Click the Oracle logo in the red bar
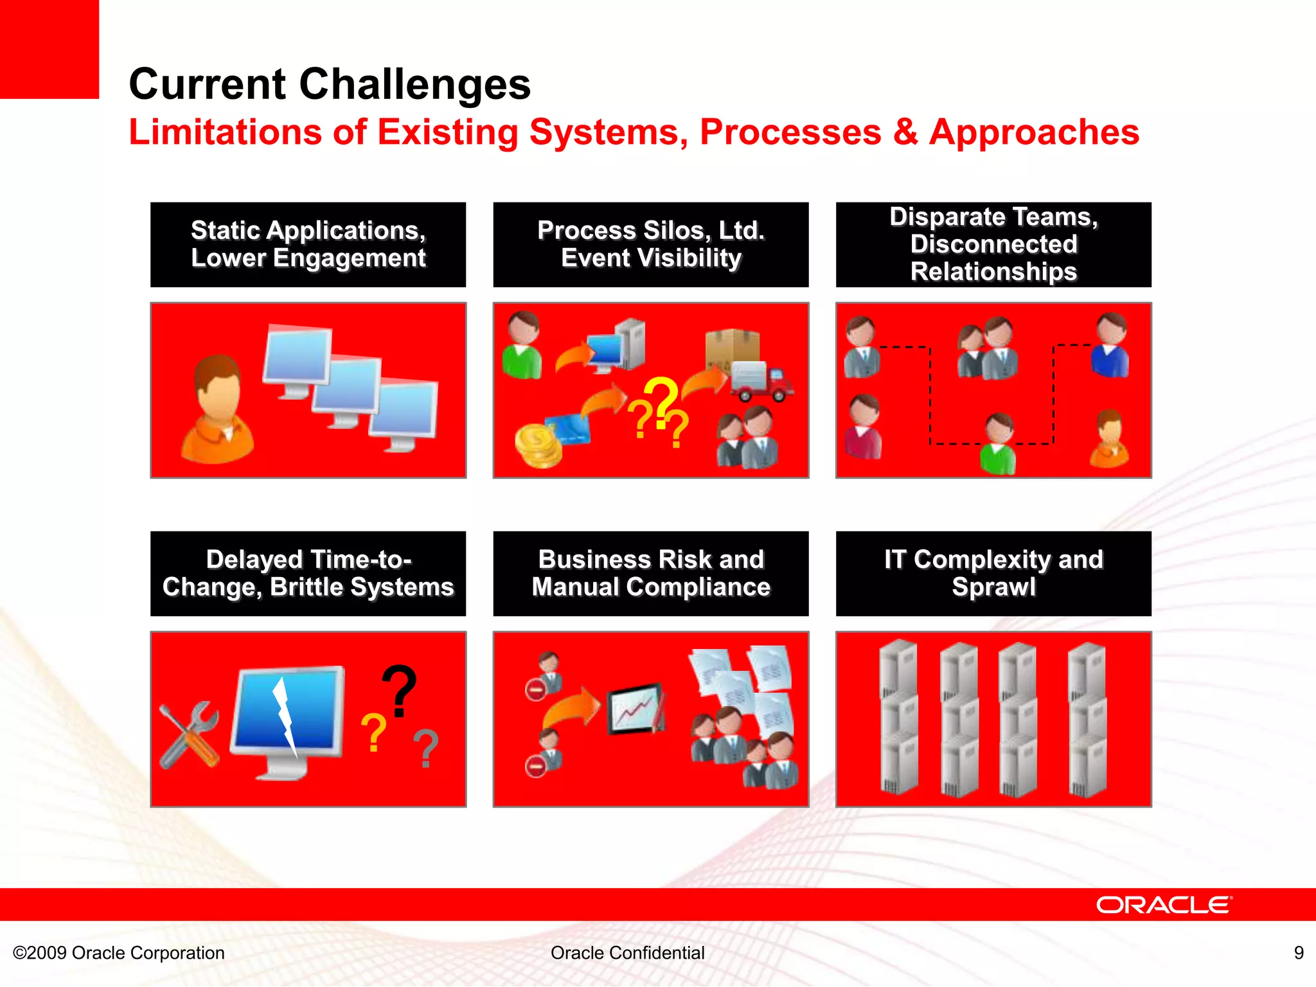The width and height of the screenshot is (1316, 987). [x=1164, y=905]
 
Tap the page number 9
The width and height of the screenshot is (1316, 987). [x=1299, y=952]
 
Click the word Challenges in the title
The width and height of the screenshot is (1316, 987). [x=415, y=84]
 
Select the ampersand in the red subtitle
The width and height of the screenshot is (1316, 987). [x=905, y=132]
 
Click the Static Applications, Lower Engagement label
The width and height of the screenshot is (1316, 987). [x=308, y=244]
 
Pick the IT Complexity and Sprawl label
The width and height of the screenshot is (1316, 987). [x=993, y=573]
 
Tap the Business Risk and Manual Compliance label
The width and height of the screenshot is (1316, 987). [x=650, y=573]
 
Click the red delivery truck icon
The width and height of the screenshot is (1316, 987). [x=761, y=381]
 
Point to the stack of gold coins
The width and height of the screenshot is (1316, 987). [x=538, y=445]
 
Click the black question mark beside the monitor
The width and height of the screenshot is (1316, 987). [x=400, y=691]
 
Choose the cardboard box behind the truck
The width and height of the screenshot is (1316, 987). [x=732, y=347]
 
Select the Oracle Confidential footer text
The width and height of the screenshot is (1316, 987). [x=627, y=952]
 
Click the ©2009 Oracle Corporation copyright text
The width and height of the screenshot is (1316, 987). [x=119, y=952]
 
